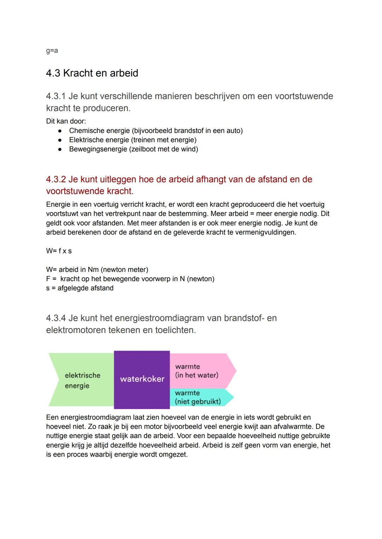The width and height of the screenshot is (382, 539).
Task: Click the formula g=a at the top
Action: point(52,51)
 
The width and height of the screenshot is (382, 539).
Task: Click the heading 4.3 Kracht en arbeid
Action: point(92,73)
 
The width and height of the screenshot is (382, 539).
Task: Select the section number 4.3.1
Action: point(56,96)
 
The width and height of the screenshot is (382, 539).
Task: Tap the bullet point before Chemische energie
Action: point(60,131)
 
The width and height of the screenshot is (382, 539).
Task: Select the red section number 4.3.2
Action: point(56,180)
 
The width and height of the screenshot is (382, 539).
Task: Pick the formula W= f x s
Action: point(59,251)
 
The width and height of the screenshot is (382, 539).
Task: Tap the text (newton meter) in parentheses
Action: point(125,270)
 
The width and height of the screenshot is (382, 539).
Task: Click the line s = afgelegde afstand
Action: point(80,288)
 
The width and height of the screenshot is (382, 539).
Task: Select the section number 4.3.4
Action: point(56,318)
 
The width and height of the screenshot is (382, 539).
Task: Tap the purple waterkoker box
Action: point(142,379)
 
